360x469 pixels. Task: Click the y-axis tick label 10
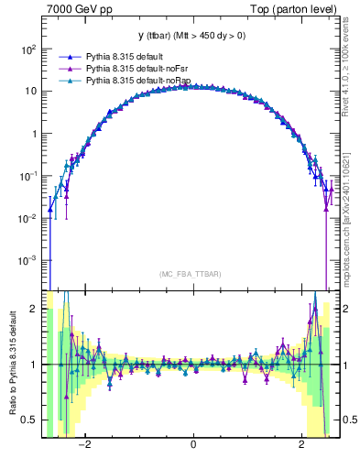click(31, 92)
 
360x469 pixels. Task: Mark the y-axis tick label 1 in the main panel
click(34, 134)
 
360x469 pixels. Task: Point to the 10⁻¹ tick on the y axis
click(28, 175)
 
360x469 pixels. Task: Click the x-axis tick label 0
click(193, 445)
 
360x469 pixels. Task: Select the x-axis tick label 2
click(302, 445)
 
